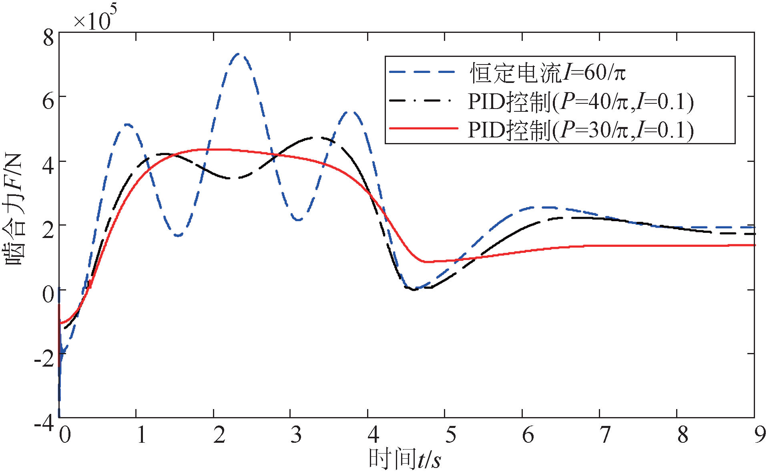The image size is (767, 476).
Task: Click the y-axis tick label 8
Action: (48, 38)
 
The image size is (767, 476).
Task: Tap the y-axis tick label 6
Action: (48, 101)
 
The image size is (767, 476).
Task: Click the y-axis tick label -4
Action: (44, 423)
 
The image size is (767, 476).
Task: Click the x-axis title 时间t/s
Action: (404, 459)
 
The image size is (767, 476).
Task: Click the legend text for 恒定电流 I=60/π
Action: (548, 73)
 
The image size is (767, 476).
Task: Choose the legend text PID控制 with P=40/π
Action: (580, 102)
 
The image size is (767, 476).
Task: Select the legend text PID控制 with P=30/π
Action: (580, 130)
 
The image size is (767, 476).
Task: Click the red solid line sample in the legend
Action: (423, 129)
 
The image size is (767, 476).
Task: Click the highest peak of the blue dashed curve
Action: (239, 54)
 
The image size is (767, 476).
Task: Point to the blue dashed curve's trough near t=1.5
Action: (178, 236)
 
